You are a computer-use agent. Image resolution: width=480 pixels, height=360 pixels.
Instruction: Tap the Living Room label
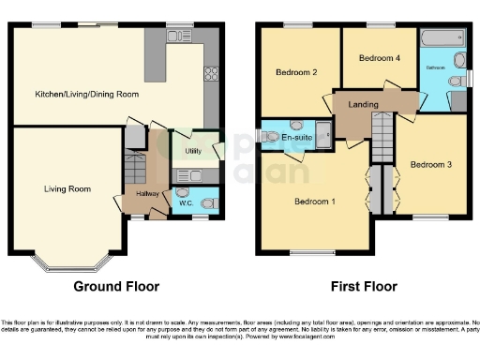67,189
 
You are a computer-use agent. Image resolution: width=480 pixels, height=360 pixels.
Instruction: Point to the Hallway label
136,193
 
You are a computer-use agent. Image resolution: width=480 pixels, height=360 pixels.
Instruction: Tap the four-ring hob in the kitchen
211,74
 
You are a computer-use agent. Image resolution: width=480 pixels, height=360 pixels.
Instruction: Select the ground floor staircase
135,169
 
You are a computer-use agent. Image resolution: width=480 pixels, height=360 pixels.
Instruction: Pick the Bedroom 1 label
313,202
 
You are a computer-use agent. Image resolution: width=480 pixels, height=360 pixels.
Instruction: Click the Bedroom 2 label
295,72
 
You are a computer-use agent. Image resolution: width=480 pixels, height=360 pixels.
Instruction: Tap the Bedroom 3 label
432,165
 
